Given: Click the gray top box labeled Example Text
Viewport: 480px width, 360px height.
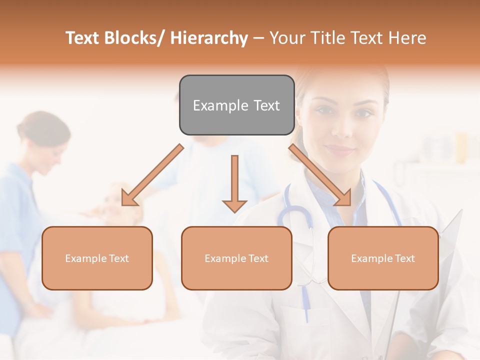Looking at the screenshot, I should click(236, 105).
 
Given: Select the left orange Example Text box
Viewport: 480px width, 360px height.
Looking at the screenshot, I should click(97, 258).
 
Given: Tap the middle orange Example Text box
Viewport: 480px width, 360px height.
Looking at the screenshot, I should click(236, 258).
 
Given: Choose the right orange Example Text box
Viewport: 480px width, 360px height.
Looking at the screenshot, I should click(383, 258).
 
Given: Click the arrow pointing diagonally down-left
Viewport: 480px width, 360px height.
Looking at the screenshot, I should click(152, 175).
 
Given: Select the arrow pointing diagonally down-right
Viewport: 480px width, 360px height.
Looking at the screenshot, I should click(320, 175).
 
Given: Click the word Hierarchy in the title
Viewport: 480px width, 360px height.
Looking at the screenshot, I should click(209, 38).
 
